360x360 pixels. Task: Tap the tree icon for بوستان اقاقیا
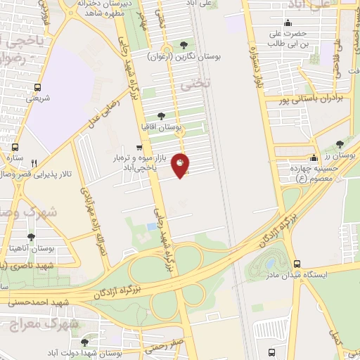[162, 116]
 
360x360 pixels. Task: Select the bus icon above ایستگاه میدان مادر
[297, 262]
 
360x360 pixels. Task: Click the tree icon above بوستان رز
[340, 143]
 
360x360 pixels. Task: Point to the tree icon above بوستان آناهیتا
[30, 238]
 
